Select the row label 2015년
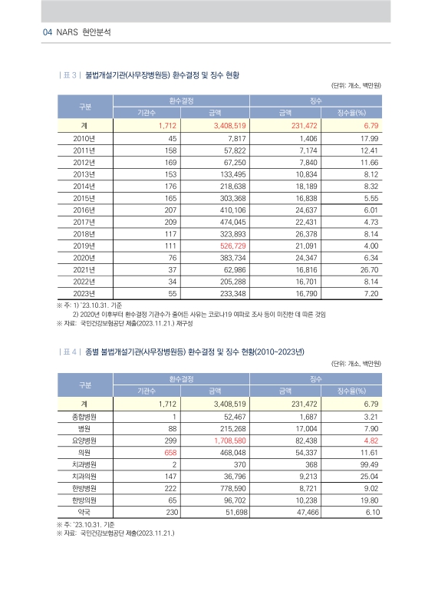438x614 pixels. pos(83,197)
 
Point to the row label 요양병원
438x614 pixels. pos(83,441)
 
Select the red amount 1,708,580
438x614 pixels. pos(229,441)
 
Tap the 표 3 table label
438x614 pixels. pos(70,75)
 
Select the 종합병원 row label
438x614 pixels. pos(83,418)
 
